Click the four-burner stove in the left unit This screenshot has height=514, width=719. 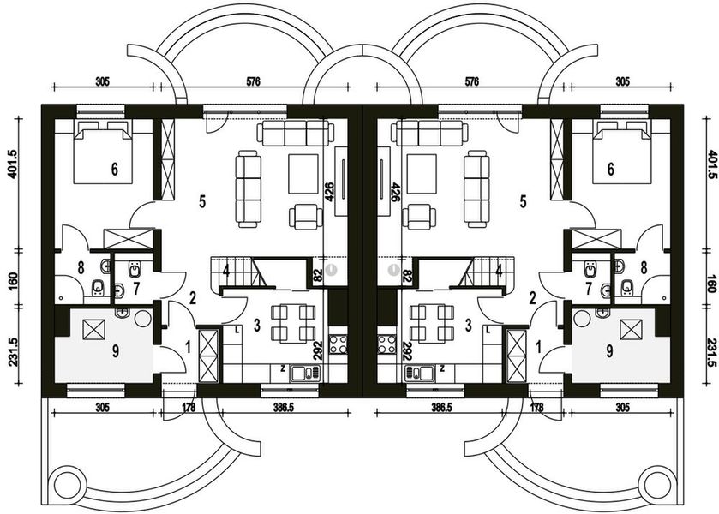coord(337,347)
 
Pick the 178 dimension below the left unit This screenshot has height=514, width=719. coord(188,407)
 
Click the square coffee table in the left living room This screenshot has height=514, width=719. coord(302,173)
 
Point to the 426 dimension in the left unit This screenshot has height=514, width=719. coord(328,190)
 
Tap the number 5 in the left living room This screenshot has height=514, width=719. coord(202,202)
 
